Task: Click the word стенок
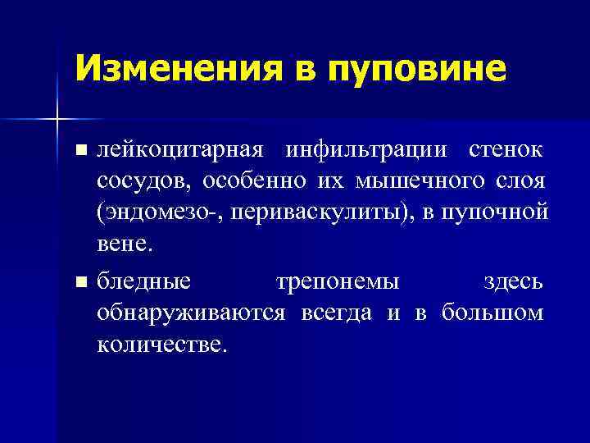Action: [506, 151]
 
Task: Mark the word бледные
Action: [144, 281]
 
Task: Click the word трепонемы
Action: [338, 281]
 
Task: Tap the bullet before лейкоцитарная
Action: [79, 151]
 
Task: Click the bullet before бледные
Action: [79, 281]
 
